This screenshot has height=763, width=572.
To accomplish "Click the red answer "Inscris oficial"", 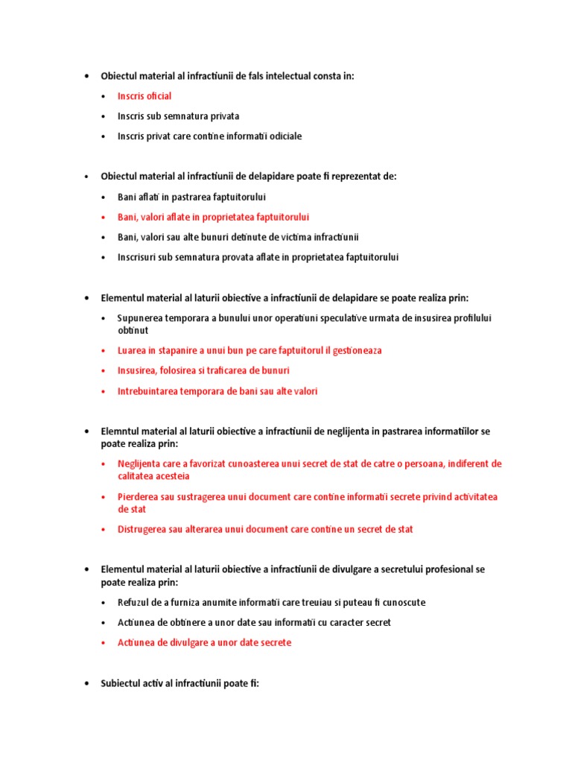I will pyautogui.click(x=144, y=96).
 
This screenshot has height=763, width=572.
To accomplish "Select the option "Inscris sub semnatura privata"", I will pyautogui.click(x=178, y=116).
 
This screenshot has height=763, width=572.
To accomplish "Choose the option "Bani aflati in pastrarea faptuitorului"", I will pyautogui.click(x=191, y=197).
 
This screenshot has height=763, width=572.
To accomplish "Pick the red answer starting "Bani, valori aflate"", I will pyautogui.click(x=213, y=217).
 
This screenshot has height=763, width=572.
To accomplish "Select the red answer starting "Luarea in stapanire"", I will pyautogui.click(x=250, y=350).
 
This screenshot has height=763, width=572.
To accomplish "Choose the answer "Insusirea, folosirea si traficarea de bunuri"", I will pyautogui.click(x=203, y=370).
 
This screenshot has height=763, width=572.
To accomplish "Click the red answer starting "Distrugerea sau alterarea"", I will pyautogui.click(x=264, y=529).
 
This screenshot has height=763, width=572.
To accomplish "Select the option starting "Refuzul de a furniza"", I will pyautogui.click(x=271, y=602).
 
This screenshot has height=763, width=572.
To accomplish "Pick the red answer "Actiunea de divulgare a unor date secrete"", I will pyautogui.click(x=204, y=642).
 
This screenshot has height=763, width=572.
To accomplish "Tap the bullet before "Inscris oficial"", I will pyautogui.click(x=104, y=96).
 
